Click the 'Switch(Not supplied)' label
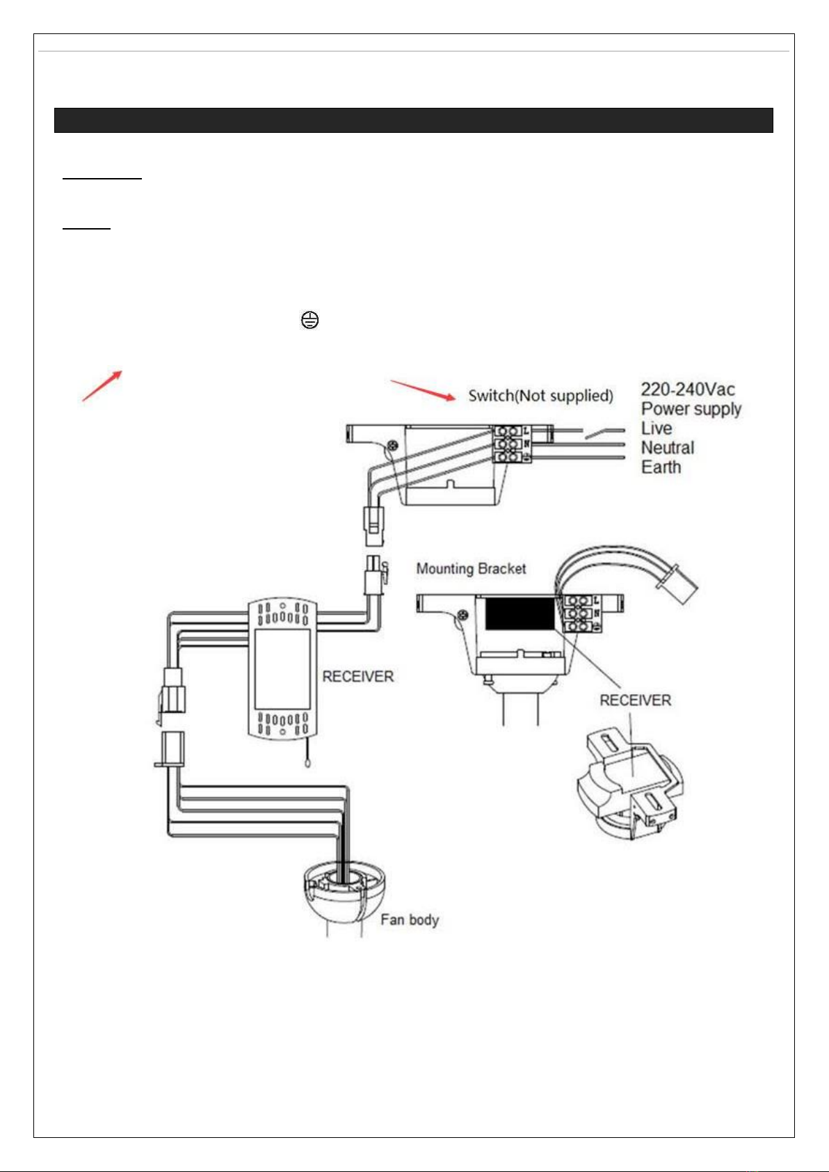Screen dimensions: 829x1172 tap(540, 396)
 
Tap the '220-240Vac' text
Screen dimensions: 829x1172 tap(688, 390)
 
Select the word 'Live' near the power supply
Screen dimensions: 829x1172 tap(657, 428)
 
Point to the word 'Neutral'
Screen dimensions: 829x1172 tap(668, 447)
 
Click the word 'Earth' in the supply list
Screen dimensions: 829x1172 tap(661, 467)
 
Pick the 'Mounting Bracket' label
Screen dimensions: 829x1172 tap(471, 569)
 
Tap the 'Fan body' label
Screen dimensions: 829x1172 tap(410, 920)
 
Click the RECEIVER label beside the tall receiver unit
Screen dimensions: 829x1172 tap(357, 677)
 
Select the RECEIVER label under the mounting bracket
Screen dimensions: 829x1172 tap(635, 700)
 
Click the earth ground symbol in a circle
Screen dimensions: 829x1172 tap(310, 320)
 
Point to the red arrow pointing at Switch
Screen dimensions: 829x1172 tap(423, 390)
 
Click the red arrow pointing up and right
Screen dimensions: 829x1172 tap(102, 386)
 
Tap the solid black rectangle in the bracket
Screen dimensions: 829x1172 tap(520, 613)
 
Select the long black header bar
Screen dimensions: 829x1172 tap(414, 120)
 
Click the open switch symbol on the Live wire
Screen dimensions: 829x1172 tap(604, 433)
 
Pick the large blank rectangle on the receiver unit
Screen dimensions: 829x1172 tap(282, 668)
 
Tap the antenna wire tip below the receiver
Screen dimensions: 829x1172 tap(307, 763)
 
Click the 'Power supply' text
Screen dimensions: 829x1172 tap(691, 408)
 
